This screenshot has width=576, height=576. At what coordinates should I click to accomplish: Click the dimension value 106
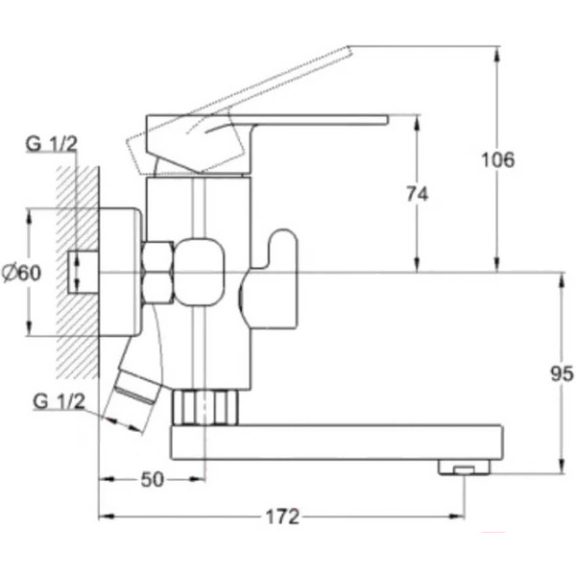click(x=497, y=160)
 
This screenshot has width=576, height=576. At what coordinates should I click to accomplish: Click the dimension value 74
click(x=418, y=194)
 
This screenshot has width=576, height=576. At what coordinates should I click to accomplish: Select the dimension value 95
click(x=562, y=374)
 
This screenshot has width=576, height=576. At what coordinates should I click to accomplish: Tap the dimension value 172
click(x=282, y=516)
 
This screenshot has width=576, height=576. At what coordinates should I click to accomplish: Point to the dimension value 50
click(x=153, y=479)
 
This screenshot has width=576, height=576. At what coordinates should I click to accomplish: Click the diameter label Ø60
click(x=21, y=273)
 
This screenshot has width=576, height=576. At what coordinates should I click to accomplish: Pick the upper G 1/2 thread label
click(x=52, y=144)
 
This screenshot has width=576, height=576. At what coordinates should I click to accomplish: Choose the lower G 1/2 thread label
click(x=59, y=401)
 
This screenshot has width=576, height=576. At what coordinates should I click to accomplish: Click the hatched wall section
click(x=78, y=272)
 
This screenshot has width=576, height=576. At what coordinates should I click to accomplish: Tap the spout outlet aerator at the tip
click(x=464, y=468)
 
